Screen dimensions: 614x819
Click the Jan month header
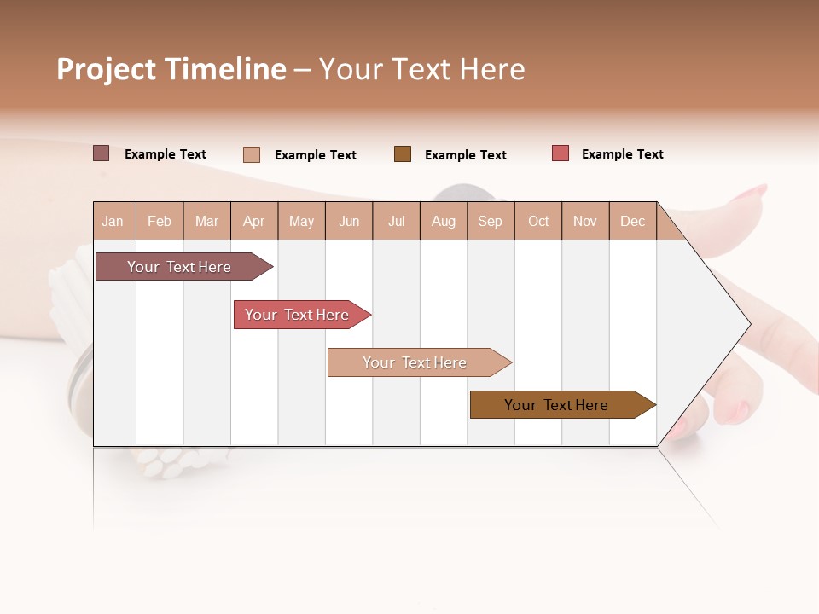pos(113,221)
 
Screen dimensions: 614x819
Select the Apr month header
pos(253,221)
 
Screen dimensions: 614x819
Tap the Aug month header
pos(443,221)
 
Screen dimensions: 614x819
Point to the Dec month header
pos(632,221)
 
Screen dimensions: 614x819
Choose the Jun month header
pos(348,221)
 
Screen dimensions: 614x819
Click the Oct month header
pos(538,221)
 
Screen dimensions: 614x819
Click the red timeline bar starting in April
pos(297,315)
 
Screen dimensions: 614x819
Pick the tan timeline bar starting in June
pos(415,362)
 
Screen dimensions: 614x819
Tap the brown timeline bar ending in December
pos(556,405)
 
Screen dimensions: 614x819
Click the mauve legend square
pos(102,153)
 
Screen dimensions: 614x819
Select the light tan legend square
pos(252,154)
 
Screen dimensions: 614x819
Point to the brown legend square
pos(403,154)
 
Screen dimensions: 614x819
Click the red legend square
pos(560,153)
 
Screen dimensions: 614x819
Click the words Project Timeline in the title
pos(171,69)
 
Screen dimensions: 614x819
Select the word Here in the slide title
pos(492,69)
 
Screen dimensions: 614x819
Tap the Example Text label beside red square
pos(622,154)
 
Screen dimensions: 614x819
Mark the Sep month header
pos(490,221)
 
